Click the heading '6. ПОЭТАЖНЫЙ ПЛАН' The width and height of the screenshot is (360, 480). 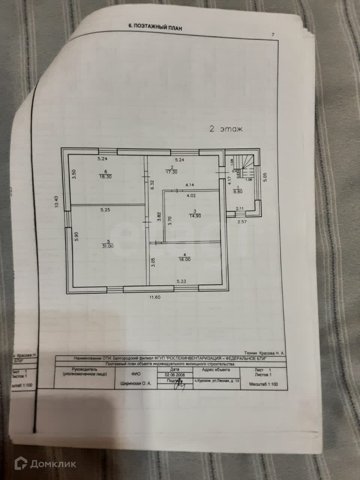coord(155,27)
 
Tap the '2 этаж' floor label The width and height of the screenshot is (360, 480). coord(226,129)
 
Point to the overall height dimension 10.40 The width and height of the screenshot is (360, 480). coord(56,202)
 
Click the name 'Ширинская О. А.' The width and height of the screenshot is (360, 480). coord(135,384)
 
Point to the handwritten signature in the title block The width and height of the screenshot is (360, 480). coord(180,383)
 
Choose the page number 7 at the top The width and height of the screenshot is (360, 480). coord(273,35)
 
